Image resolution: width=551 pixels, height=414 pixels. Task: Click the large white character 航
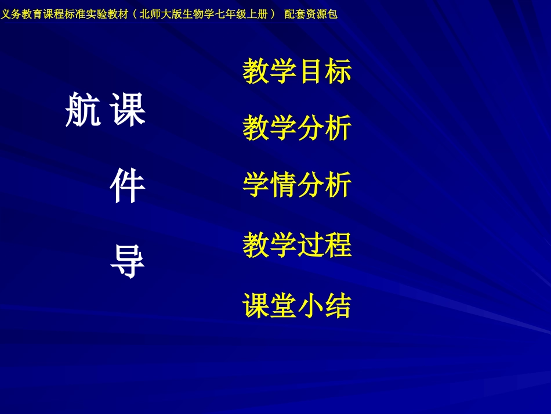(83, 110)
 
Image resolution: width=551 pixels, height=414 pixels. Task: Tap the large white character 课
(128, 110)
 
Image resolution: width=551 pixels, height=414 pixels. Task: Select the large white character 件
(128, 186)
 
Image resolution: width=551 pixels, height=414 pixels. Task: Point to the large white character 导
(128, 262)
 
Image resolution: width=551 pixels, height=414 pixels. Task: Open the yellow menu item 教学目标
(297, 71)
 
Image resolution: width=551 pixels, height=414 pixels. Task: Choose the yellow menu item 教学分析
(297, 128)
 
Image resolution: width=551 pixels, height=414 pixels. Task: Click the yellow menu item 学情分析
(297, 186)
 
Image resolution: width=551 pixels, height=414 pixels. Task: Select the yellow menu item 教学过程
(297, 245)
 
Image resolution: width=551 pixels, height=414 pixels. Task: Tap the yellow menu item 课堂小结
(297, 305)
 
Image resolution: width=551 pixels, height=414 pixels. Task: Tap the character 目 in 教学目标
(311, 71)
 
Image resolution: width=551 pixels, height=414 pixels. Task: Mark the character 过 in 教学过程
(311, 245)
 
